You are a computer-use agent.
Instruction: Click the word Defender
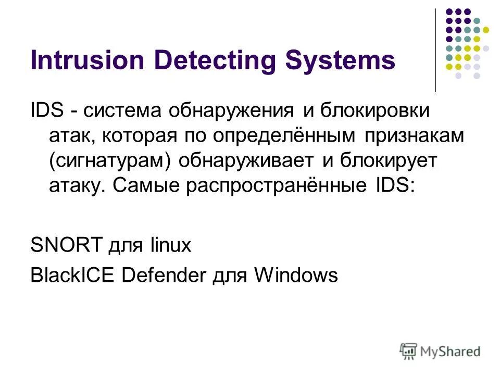click(x=164, y=275)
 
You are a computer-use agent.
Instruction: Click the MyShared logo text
click(x=451, y=352)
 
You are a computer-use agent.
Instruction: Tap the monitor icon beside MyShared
click(x=409, y=351)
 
